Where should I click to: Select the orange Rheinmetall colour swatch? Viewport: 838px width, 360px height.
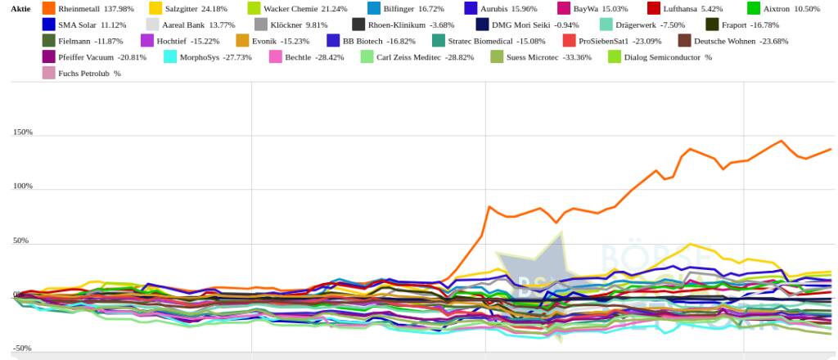point(49,8)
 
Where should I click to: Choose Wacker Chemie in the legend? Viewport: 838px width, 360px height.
point(293,8)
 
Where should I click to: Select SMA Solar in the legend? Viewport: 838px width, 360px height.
point(92,25)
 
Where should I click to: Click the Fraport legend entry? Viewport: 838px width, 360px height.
point(750,25)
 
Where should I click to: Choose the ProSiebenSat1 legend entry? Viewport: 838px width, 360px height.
point(608,40)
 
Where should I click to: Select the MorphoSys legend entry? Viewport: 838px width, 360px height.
point(214,56)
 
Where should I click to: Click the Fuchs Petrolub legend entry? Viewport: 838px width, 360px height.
point(89,73)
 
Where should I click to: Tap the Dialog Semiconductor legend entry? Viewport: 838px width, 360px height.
point(667,56)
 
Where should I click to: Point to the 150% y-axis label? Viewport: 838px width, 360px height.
point(23,132)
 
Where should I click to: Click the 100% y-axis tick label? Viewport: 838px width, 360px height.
point(23,186)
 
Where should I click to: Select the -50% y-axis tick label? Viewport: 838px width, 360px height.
point(23,348)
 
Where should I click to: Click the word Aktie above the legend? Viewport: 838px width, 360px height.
point(20,8)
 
